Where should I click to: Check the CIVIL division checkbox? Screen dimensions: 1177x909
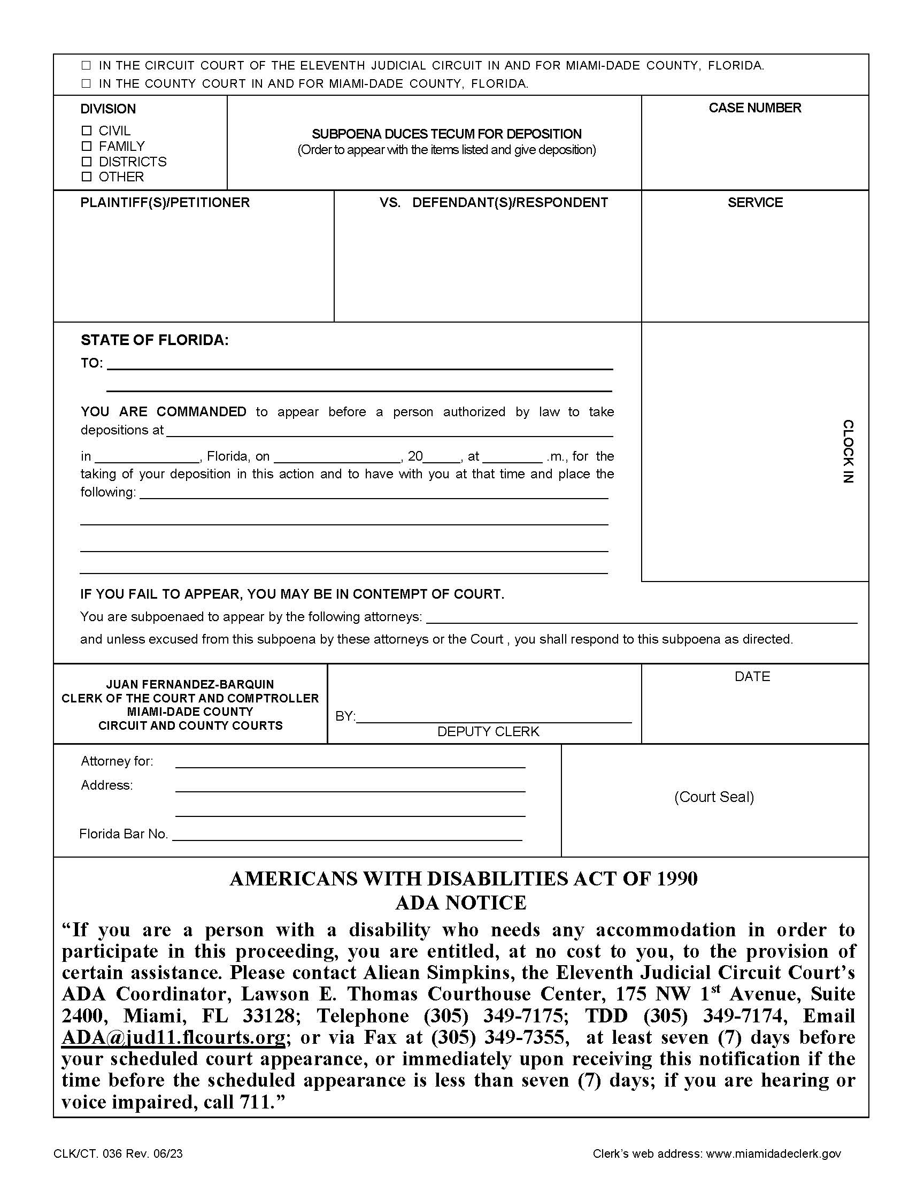click(86, 131)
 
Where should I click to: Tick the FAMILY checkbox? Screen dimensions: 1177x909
click(86, 146)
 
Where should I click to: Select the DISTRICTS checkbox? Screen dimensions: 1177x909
click(86, 161)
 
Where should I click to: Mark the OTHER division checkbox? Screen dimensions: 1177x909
click(86, 176)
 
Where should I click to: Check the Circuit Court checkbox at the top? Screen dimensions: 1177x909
click(86, 66)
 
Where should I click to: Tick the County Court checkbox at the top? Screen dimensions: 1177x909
click(86, 83)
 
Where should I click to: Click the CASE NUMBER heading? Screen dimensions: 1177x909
click(754, 108)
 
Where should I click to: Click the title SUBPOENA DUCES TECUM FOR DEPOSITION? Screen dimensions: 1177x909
click(446, 134)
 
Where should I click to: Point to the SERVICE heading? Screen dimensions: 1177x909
click(754, 203)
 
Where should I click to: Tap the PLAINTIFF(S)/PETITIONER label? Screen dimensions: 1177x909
click(165, 203)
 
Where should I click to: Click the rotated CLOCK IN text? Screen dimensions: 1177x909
click(848, 451)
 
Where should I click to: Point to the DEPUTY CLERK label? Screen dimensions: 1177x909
click(488, 731)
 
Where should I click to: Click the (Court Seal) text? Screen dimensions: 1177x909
click(713, 797)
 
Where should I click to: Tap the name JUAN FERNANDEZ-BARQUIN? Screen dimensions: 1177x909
click(190, 684)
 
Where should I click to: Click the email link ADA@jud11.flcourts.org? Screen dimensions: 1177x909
click(173, 1037)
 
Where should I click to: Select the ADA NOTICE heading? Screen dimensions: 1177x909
click(460, 902)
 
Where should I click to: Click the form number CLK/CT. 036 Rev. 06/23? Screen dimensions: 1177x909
click(118, 1153)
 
